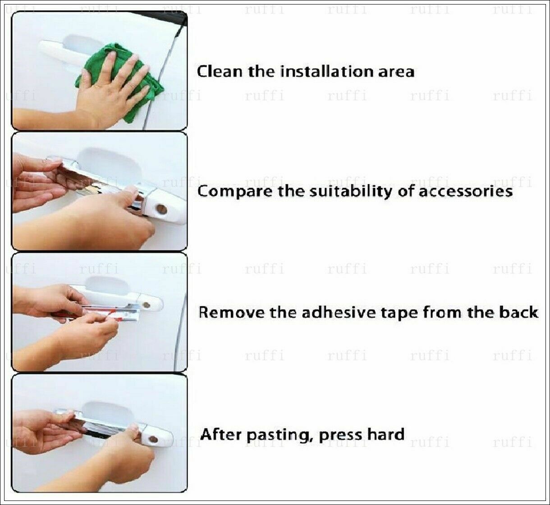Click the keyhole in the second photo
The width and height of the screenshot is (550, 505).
tap(161, 209)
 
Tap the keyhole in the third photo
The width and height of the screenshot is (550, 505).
tap(147, 304)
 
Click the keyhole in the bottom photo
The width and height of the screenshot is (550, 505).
tap(153, 439)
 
